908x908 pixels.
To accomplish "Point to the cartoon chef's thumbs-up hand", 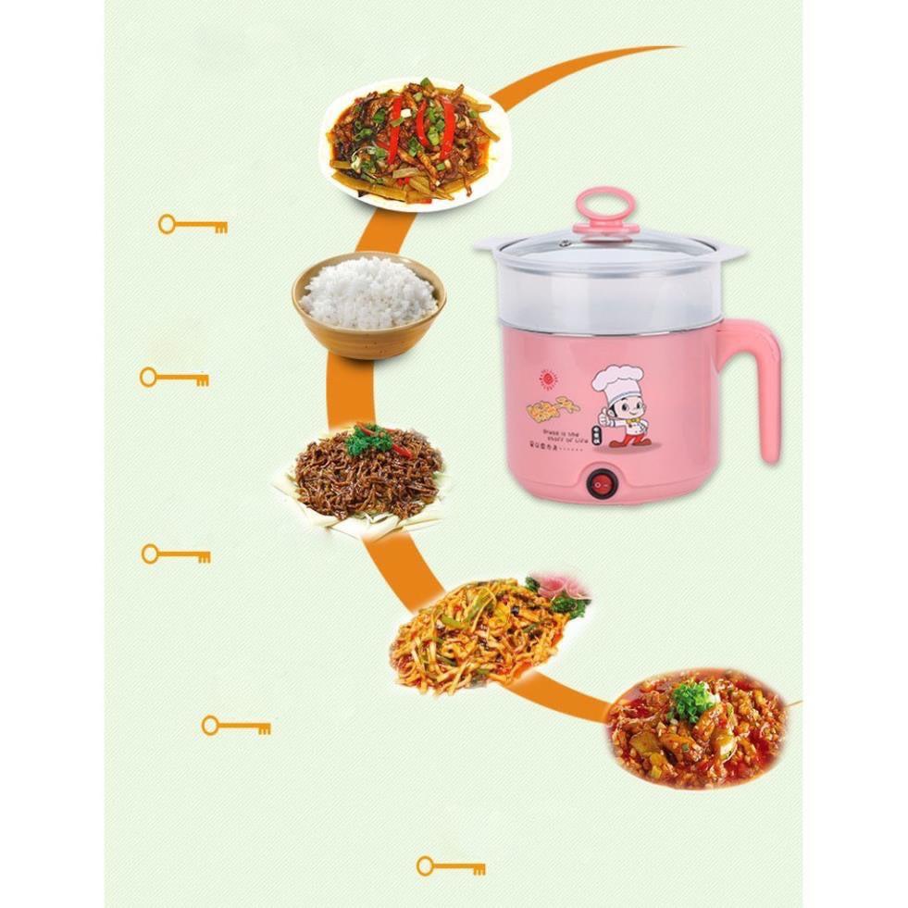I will pyautogui.click(x=605, y=417).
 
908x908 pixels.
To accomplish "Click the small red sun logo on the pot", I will pyautogui.click(x=545, y=379).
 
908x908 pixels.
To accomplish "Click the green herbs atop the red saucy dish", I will pyautogui.click(x=692, y=700).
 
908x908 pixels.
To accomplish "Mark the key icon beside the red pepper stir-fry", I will pyautogui.click(x=192, y=224).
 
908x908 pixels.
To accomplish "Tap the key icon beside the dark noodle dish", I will pyautogui.click(x=175, y=554).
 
